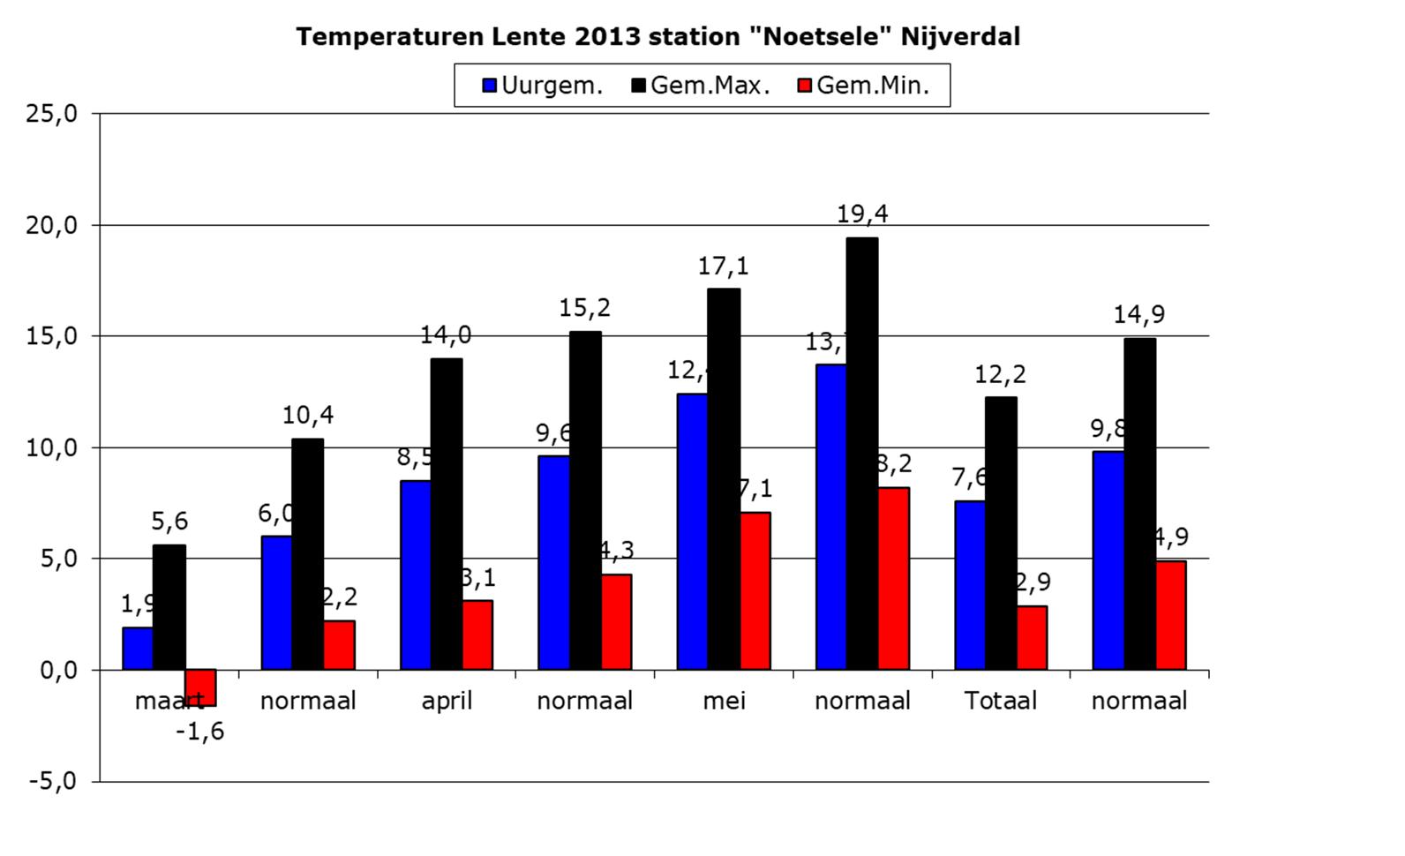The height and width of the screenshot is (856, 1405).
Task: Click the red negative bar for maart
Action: tap(200, 687)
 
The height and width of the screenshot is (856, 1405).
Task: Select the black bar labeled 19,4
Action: tap(861, 453)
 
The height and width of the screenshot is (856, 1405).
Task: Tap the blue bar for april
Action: tap(415, 574)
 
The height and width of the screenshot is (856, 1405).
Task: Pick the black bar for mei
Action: tap(724, 478)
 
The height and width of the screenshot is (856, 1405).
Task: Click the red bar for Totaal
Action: tap(1032, 637)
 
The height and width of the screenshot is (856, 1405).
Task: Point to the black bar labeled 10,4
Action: tap(307, 553)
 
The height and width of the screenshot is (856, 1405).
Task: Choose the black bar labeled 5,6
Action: tap(169, 607)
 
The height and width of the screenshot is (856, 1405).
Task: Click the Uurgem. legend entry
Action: tap(543, 86)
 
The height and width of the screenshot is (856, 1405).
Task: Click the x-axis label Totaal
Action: tap(1000, 701)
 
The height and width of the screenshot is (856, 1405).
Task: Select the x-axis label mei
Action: tap(724, 701)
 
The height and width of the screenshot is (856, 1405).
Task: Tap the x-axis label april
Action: tap(447, 701)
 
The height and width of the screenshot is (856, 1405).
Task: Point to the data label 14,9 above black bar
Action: tap(1138, 314)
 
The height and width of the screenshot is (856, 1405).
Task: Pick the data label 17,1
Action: tap(723, 265)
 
